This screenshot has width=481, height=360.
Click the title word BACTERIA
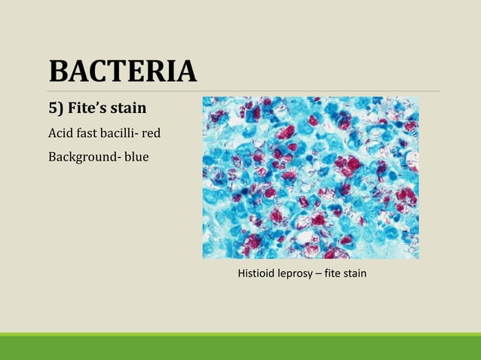point(122,72)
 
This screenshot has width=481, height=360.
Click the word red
point(152,134)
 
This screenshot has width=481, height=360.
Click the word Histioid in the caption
point(255,273)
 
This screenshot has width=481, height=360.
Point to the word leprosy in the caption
point(296,273)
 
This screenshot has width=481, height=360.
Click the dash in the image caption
point(320,273)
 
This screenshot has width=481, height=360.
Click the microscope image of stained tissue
point(310,178)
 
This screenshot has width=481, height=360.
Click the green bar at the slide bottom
point(240,346)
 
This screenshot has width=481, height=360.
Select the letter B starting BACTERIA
point(59,72)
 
